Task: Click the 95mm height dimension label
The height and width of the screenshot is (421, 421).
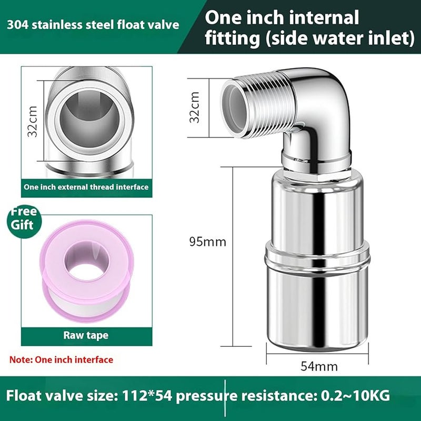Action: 207,242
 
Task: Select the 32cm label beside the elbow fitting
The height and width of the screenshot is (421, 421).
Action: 195,107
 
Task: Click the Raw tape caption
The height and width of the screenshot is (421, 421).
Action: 86,335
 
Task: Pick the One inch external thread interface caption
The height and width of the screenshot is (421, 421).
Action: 86,186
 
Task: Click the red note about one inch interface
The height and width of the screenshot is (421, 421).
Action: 61,360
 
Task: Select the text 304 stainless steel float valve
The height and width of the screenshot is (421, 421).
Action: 93,25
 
